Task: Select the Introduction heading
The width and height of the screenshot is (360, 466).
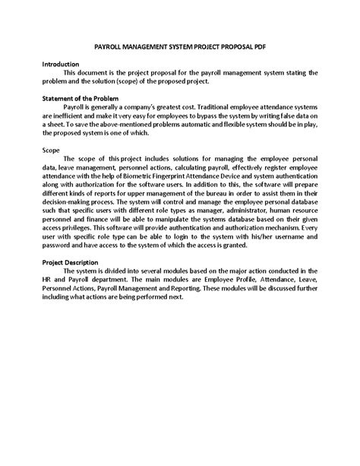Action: pos(62,65)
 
